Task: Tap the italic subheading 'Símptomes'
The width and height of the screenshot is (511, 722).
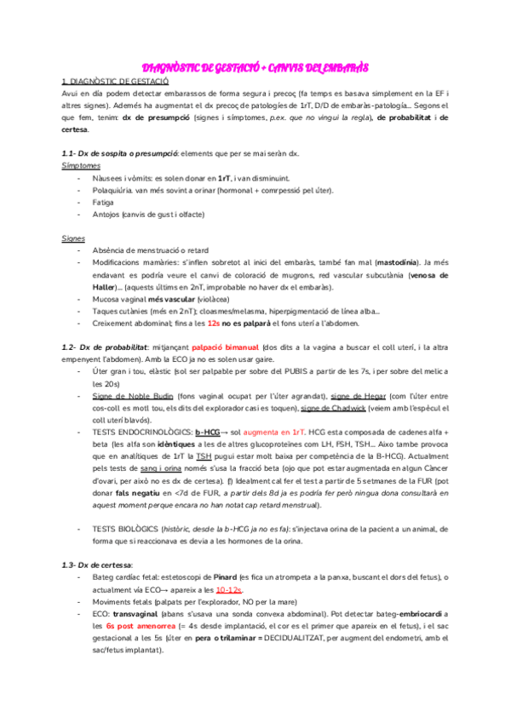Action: coord(82,166)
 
